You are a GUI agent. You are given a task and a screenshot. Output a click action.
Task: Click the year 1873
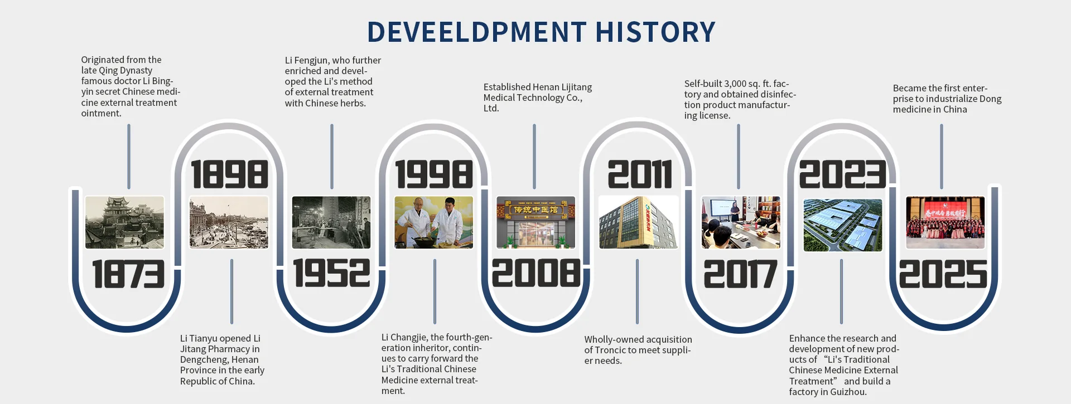129,274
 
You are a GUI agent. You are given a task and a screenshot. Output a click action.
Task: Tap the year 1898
230,174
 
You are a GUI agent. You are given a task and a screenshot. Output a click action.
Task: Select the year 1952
332,273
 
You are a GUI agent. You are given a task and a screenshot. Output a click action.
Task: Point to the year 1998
434,174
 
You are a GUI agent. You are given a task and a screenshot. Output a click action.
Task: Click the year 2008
536,273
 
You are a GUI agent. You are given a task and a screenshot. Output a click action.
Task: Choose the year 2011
640,174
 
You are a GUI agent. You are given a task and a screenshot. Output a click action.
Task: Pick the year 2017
740,274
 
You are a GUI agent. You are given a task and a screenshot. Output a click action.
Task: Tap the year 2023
843,174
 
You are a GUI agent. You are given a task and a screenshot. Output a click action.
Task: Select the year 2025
943,274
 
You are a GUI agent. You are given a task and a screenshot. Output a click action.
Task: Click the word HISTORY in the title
655,32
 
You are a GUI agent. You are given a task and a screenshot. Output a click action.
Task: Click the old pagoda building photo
125,222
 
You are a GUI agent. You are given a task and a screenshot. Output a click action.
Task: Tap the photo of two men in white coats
434,222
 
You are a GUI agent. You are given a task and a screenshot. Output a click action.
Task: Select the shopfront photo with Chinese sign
536,222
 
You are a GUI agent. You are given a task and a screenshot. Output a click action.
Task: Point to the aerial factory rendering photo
843,225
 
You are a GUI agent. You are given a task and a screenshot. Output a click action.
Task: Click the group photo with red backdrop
945,222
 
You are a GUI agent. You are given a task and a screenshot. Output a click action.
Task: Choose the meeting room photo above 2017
741,222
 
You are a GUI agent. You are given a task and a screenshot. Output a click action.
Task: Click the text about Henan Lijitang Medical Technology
538,98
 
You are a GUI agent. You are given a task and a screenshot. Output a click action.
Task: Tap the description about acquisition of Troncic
638,350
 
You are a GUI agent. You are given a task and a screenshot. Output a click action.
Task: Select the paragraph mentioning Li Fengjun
333,81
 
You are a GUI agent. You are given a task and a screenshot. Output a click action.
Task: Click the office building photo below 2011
639,222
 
